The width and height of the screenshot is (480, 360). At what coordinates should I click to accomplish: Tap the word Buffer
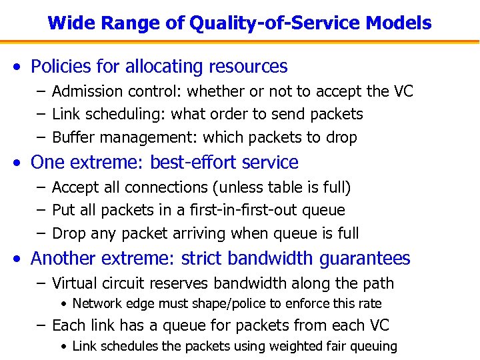click(71, 138)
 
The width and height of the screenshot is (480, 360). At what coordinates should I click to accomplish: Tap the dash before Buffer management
click(41, 138)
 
